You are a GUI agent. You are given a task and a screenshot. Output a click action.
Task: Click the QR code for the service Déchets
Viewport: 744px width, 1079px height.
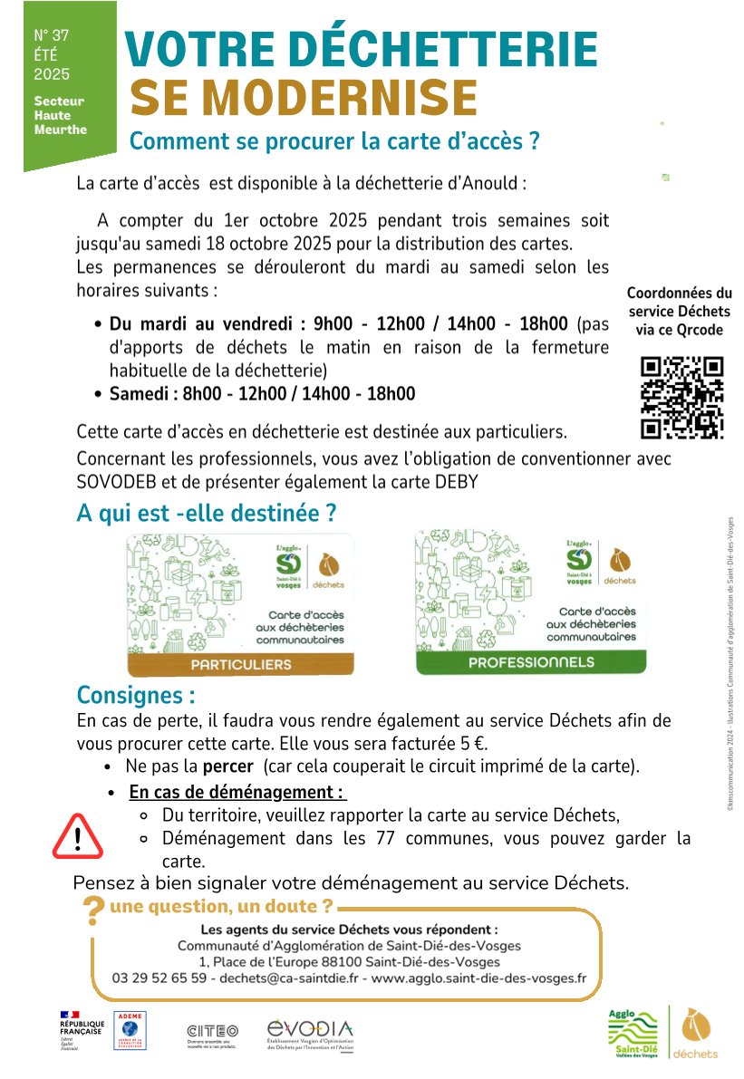point(681,398)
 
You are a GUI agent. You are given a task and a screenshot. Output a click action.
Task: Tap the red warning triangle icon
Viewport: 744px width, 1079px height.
point(78,835)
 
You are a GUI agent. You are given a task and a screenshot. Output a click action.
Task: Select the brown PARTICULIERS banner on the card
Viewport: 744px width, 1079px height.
point(240,664)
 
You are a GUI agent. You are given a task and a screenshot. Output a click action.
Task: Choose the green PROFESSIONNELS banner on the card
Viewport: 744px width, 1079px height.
point(531,662)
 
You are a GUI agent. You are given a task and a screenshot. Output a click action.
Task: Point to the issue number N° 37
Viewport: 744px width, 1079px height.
point(52,35)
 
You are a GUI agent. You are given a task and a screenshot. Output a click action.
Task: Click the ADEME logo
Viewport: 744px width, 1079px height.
point(130,1031)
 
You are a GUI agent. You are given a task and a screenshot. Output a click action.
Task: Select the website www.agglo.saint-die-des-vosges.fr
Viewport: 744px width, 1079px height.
point(479,978)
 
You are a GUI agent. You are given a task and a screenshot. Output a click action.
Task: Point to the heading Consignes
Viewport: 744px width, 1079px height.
point(136,696)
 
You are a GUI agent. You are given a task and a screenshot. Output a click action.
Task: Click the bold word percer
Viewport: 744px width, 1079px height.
point(227,766)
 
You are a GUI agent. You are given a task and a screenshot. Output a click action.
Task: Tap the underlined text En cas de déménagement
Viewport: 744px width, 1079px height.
point(237,793)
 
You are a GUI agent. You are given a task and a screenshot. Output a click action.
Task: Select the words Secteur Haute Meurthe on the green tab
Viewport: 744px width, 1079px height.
point(60,115)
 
